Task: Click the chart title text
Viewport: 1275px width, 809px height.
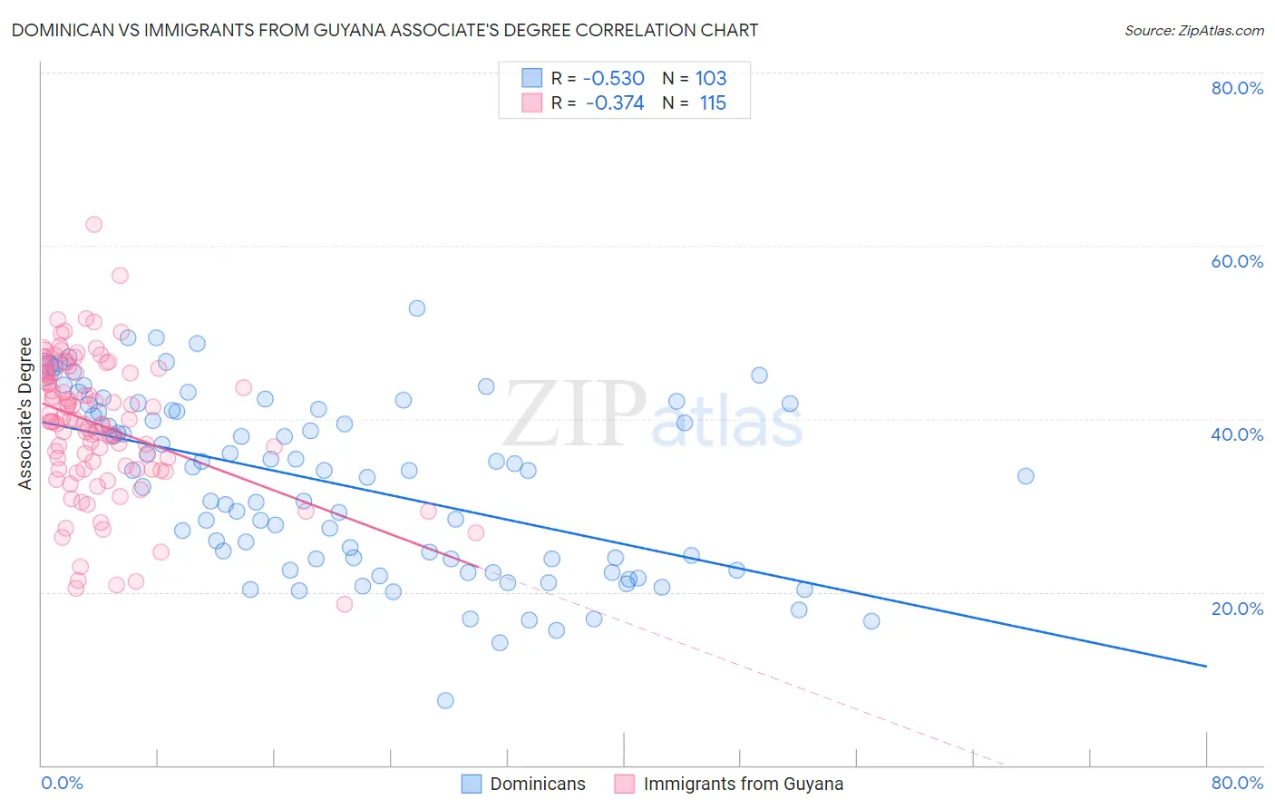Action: point(384,30)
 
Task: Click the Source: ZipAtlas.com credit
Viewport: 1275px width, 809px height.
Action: point(1193,30)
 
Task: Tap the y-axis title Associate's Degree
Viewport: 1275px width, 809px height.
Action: point(24,414)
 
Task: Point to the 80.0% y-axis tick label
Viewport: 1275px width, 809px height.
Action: point(1237,88)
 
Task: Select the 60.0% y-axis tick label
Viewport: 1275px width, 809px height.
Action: point(1237,261)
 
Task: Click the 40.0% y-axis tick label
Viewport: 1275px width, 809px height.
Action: point(1237,434)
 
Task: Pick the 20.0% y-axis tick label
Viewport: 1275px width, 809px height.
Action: point(1237,609)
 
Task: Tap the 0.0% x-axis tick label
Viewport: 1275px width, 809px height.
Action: point(62,783)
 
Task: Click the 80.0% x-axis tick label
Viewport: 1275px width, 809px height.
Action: point(1237,783)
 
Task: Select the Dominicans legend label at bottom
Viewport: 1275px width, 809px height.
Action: point(538,784)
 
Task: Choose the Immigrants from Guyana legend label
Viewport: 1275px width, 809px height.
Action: point(744,784)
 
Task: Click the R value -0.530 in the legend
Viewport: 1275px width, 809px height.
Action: point(614,78)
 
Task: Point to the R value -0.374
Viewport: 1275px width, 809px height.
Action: point(615,102)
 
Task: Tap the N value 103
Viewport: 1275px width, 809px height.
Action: point(711,78)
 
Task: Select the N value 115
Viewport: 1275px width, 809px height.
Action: point(713,102)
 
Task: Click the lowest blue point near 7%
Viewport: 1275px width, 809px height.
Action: point(445,700)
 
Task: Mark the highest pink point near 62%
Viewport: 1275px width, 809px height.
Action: point(93,224)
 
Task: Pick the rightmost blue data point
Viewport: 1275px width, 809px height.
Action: point(1026,476)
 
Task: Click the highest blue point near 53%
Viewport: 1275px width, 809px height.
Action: point(417,308)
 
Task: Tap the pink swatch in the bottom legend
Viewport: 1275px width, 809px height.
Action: point(624,784)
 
